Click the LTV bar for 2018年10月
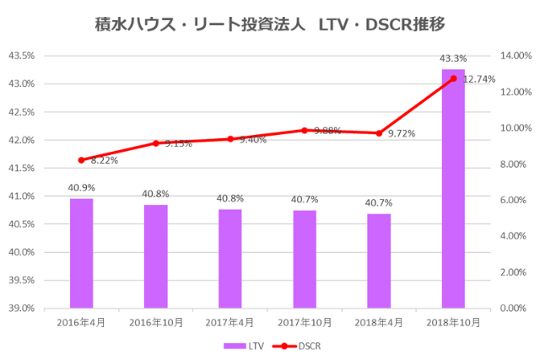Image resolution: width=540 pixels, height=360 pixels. [453, 189]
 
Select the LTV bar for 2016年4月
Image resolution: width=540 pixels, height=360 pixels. [81, 253]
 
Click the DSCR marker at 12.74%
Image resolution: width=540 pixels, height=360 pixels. [453, 78]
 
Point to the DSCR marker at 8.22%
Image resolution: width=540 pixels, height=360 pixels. [81, 159]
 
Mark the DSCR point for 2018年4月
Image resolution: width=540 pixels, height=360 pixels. [379, 133]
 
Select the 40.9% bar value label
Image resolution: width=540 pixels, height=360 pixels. [81, 188]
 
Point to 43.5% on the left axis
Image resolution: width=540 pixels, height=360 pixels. [20, 56]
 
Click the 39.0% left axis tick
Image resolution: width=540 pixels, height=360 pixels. [20, 309]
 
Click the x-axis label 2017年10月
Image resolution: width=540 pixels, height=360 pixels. [305, 323]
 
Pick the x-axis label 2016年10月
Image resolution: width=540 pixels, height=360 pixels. [155, 323]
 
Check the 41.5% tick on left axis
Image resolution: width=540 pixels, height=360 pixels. [20, 168]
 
